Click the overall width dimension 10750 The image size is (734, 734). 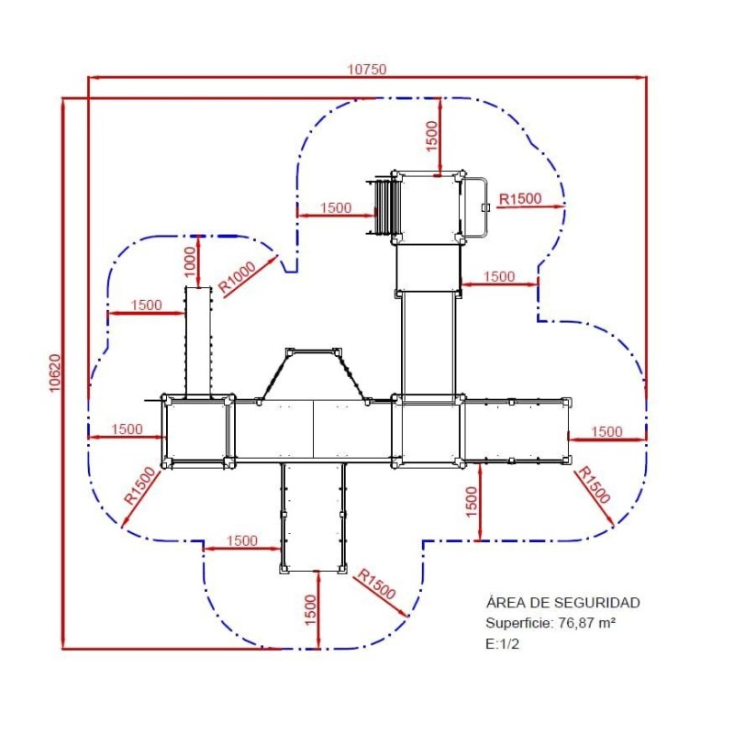366,70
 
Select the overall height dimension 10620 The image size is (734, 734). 55,373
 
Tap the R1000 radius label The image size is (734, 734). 238,277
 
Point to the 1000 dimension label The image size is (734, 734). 190,261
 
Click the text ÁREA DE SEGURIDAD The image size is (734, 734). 562,602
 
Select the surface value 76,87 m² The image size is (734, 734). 587,623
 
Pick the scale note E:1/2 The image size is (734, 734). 502,644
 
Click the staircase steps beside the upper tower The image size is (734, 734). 384,207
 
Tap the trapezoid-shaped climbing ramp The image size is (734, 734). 314,374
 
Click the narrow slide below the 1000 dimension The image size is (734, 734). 198,341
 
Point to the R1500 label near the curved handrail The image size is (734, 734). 520,199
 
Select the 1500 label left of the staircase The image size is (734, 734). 336,207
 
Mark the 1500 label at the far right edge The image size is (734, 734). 606,431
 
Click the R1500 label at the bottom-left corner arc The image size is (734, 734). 139,485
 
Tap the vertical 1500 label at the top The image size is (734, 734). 432,136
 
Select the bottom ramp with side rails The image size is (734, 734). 314,517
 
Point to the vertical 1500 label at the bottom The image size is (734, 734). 311,609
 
